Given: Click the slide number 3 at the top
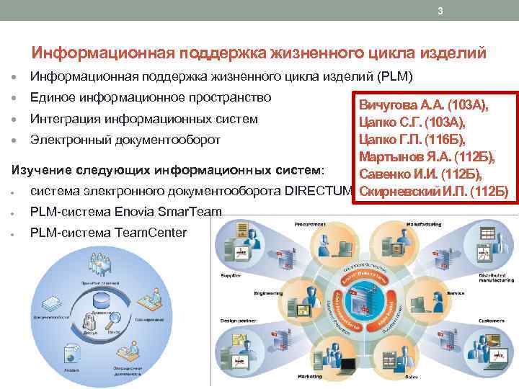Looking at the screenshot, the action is pos(440,11).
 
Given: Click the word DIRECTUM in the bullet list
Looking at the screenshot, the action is pos(319,191).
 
